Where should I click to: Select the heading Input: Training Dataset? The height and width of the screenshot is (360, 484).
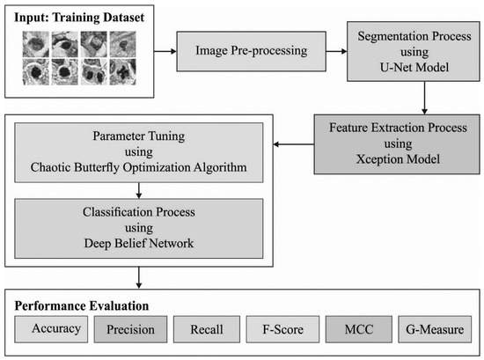(77, 16)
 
